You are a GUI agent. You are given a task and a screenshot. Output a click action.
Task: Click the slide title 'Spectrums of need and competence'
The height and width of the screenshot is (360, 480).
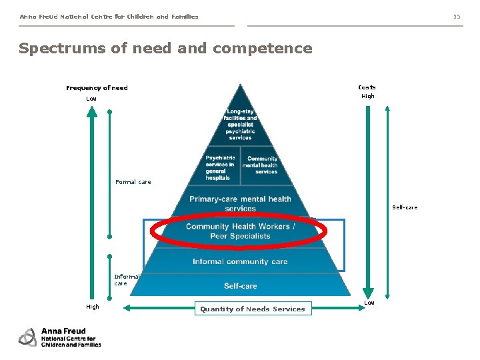coord(165,49)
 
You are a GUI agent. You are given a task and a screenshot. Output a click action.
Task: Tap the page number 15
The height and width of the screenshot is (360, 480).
coord(457,17)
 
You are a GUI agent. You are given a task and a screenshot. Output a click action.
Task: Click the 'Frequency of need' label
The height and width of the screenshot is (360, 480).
coord(97,88)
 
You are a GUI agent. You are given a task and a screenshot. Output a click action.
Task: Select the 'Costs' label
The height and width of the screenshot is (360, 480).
coord(367,87)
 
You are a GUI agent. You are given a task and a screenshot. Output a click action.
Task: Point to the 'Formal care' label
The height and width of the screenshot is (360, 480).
coord(133,182)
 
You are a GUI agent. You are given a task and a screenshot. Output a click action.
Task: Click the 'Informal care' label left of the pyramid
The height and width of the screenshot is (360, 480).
coord(127,280)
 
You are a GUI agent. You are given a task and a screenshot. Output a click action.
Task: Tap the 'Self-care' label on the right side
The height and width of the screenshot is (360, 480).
coord(405,207)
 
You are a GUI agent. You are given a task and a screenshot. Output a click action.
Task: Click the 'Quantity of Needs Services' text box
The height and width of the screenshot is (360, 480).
coord(253,309)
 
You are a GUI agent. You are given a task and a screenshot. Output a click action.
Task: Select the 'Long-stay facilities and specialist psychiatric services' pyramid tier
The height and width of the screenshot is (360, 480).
coord(241,124)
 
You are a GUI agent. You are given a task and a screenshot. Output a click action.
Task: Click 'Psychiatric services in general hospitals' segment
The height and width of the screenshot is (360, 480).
coord(220,168)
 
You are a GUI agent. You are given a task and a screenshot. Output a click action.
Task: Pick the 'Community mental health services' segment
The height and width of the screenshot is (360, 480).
coord(261,165)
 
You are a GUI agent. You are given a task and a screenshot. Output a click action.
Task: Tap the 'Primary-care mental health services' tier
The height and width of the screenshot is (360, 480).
coord(240,203)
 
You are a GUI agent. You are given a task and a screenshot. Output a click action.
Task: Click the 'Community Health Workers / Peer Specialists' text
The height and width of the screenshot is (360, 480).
coord(240,231)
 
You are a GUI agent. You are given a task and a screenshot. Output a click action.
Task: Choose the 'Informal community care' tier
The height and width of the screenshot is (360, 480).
coord(240,261)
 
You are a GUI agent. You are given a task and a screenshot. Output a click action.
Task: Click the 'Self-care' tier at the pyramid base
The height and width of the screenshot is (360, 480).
coord(240,286)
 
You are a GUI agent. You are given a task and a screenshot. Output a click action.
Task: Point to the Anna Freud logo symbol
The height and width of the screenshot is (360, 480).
coord(27,337)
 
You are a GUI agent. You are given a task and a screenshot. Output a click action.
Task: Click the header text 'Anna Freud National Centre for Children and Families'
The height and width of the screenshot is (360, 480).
coord(109,17)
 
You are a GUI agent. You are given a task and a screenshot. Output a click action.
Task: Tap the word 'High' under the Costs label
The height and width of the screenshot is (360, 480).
coord(368,96)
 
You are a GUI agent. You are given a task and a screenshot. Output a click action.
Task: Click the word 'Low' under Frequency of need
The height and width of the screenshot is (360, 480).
coord(91,99)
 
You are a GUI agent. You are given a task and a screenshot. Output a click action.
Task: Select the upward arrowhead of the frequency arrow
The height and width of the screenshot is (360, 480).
coord(92,111)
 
